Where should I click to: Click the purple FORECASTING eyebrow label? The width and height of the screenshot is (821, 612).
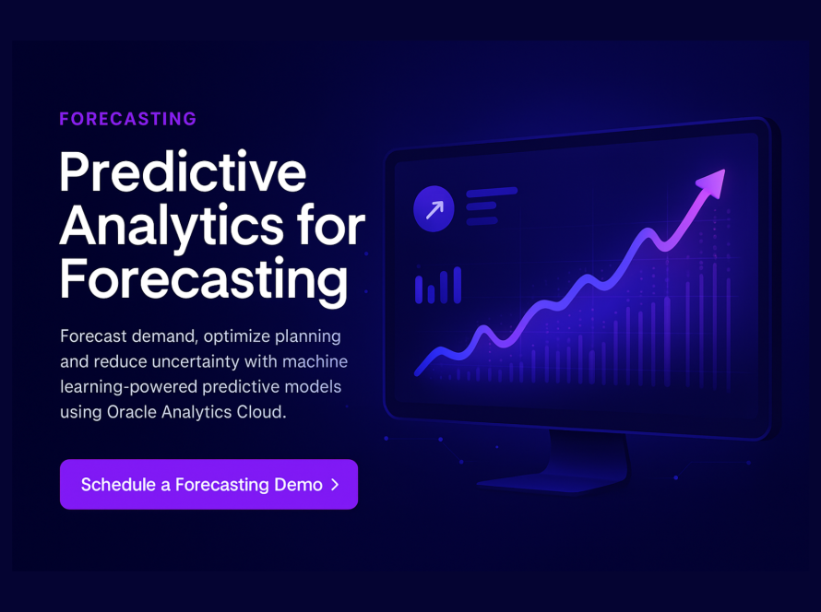coord(127,119)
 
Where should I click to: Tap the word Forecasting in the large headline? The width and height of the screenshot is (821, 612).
coord(204,281)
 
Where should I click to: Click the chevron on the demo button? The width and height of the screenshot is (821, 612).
coord(335,485)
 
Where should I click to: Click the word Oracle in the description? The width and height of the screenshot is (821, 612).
coord(131,412)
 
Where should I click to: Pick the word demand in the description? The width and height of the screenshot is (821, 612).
coord(165,335)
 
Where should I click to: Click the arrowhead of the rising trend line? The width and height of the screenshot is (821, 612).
coord(711,183)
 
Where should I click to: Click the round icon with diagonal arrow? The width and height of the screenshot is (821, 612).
coord(434,208)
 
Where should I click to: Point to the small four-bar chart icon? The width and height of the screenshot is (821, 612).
coord(438,286)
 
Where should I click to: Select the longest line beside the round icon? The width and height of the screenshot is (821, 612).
coord(492,193)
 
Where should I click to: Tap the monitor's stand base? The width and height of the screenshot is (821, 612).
coord(553,484)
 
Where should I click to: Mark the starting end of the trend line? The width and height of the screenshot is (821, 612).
coord(417,373)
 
